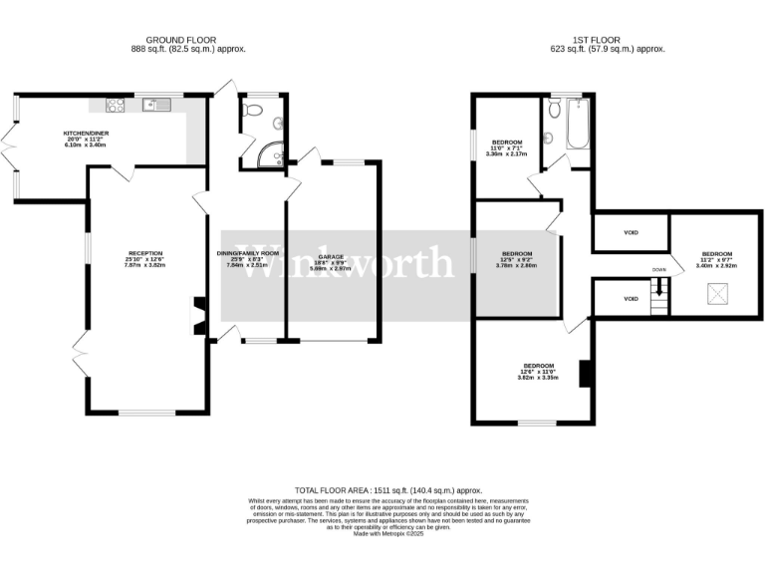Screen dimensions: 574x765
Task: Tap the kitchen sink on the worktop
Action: (150, 103)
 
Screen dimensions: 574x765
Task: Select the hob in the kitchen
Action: (113, 104)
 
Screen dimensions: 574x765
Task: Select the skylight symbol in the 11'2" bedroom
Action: (715, 292)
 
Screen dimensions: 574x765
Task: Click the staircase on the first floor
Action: (657, 296)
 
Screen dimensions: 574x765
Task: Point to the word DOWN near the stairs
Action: (658, 270)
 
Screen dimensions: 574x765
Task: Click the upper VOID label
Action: (630, 234)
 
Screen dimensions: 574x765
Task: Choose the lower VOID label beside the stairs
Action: (630, 298)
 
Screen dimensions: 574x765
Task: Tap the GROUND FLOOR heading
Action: (190, 40)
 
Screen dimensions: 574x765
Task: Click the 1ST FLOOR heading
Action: (609, 40)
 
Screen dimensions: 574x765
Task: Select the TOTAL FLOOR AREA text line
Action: (382, 490)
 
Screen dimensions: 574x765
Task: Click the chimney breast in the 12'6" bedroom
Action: (587, 371)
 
